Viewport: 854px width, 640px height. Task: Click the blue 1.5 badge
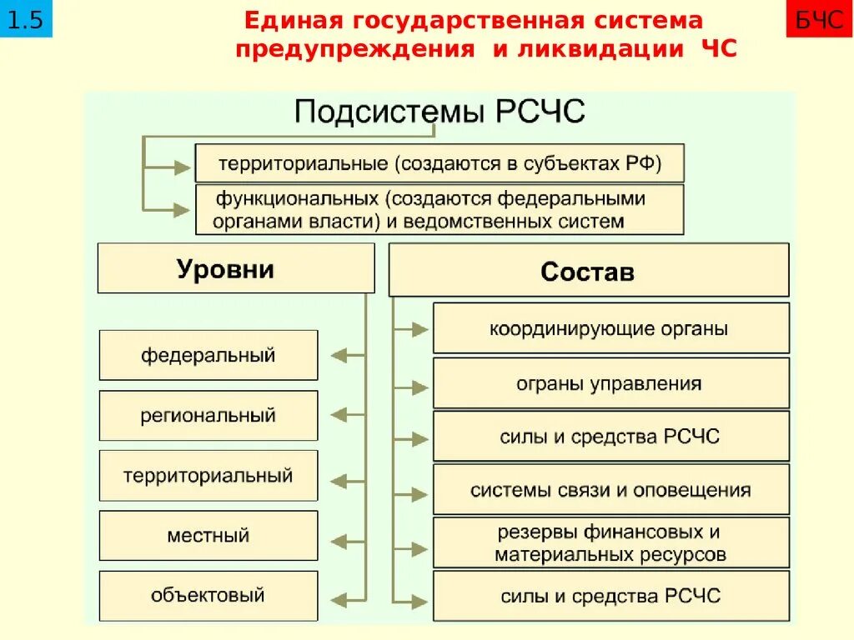pyautogui.click(x=26, y=20)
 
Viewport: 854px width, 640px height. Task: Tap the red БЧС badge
pyautogui.click(x=819, y=20)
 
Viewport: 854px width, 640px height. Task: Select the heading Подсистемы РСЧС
pyautogui.click(x=440, y=112)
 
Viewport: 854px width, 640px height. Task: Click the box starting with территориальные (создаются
pyautogui.click(x=440, y=163)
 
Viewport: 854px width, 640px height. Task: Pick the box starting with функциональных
pyautogui.click(x=440, y=210)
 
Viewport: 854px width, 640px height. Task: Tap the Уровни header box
pyautogui.click(x=235, y=268)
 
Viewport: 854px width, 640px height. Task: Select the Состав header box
pyautogui.click(x=588, y=271)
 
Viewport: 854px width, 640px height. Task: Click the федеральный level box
pyautogui.click(x=208, y=355)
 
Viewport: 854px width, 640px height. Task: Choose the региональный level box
pyautogui.click(x=208, y=415)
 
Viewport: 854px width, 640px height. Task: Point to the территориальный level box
pyautogui.click(x=208, y=476)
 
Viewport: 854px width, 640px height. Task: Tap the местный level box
pyautogui.click(x=208, y=535)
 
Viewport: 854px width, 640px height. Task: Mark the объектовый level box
pyautogui.click(x=208, y=595)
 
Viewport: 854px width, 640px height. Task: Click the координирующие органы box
pyautogui.click(x=610, y=328)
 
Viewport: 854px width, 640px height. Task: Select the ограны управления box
pyautogui.click(x=610, y=383)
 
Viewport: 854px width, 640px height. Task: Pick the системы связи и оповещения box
pyautogui.click(x=610, y=489)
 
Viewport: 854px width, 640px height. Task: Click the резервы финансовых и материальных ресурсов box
pyautogui.click(x=610, y=542)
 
